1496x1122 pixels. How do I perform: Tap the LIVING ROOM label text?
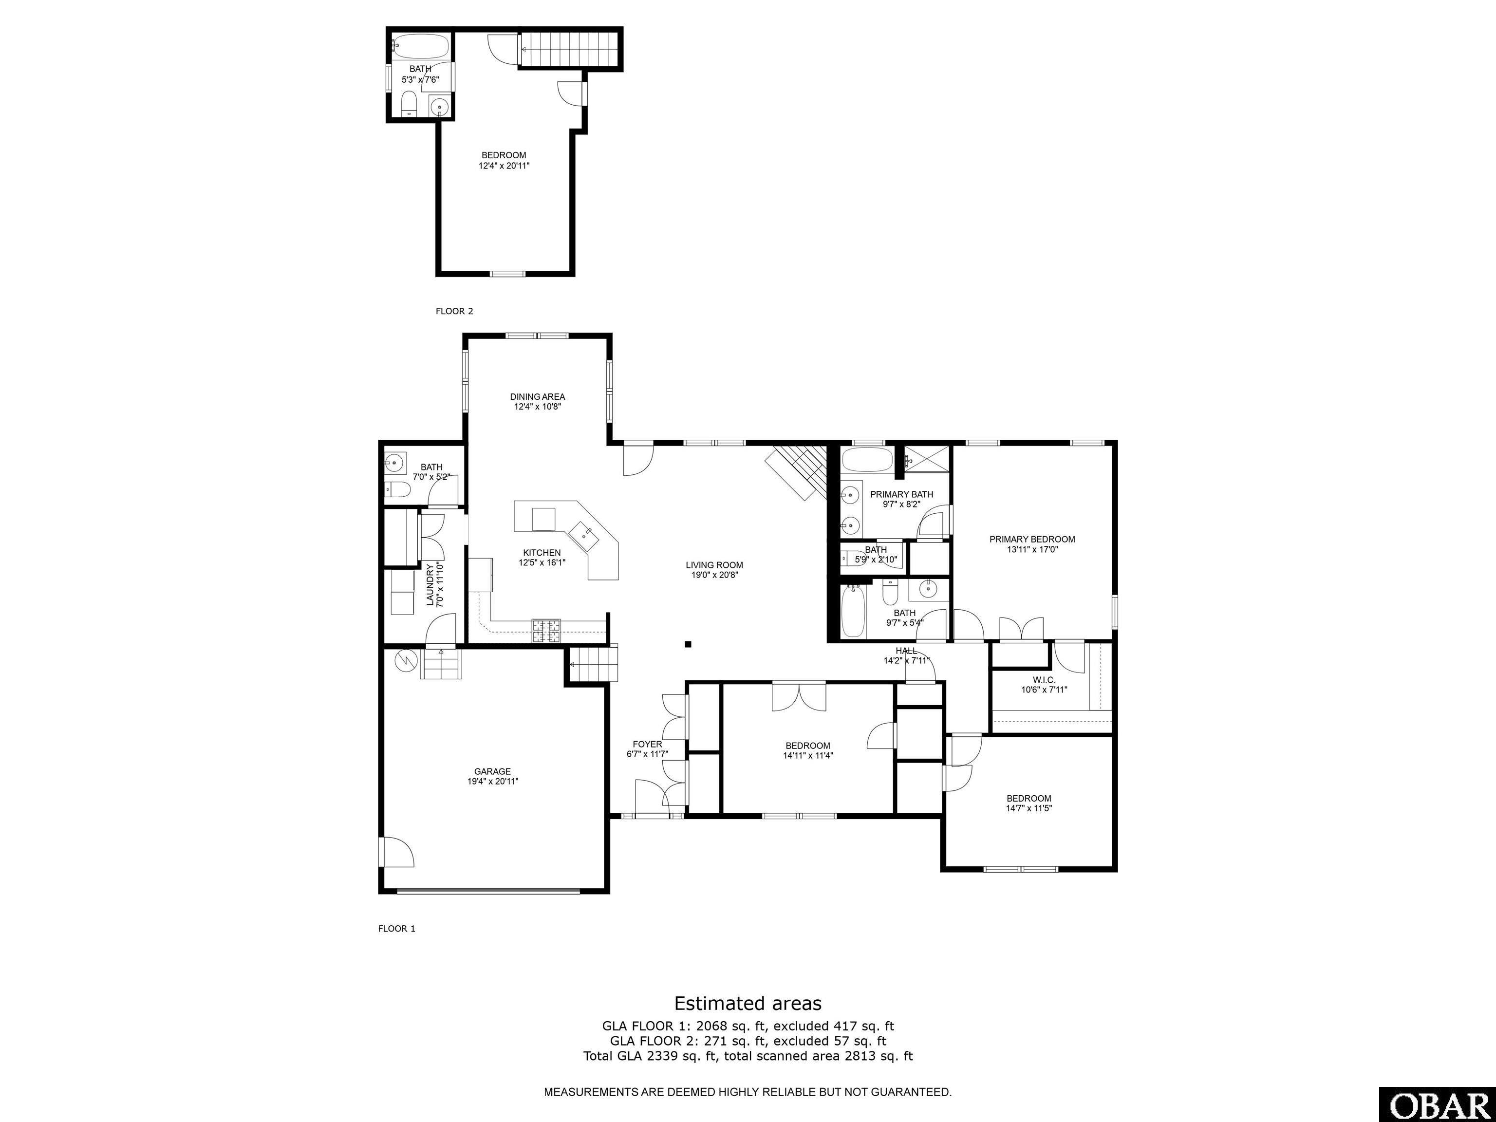[x=714, y=565]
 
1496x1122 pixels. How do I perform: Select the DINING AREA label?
[x=538, y=397]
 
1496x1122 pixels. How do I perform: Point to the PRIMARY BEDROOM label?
[x=1032, y=539]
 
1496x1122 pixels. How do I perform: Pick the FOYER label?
[x=647, y=745]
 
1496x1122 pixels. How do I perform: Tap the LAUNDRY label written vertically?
[x=430, y=585]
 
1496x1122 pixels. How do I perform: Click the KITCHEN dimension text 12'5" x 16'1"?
[x=542, y=562]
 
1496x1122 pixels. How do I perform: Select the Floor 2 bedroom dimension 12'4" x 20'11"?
[x=504, y=165]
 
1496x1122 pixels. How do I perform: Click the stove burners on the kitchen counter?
[x=546, y=630]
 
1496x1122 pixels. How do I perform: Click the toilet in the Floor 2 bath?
[x=409, y=105]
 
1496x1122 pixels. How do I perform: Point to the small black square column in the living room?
[x=688, y=645]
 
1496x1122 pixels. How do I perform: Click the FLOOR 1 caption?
[x=396, y=929]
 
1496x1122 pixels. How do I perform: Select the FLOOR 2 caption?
[x=454, y=311]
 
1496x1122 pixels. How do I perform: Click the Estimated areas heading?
[x=748, y=1003]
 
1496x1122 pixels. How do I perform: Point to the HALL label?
[x=906, y=651]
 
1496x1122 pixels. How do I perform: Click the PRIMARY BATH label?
[x=901, y=494]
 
